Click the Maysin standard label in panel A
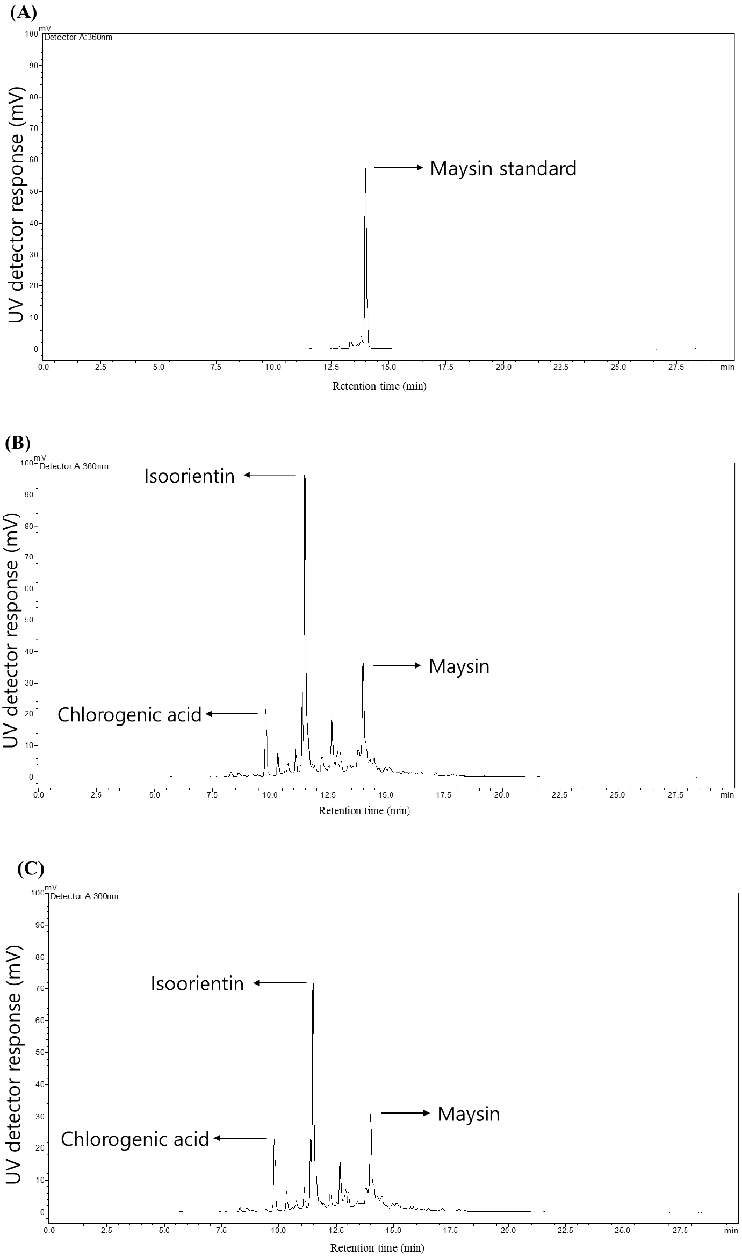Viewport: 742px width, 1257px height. click(x=503, y=168)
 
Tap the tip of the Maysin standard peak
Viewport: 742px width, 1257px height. click(x=365, y=169)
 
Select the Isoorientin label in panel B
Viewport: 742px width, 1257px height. click(x=189, y=476)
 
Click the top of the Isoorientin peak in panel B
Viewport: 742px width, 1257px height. click(x=305, y=476)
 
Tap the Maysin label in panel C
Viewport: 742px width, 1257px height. click(x=469, y=1114)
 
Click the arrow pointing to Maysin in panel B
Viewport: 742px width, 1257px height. click(x=397, y=665)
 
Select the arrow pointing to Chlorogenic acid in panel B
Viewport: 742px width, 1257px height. click(x=232, y=714)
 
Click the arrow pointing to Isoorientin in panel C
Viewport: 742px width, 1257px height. click(x=280, y=983)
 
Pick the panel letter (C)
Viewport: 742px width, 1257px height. click(x=30, y=869)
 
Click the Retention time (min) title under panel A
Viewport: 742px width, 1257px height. click(x=379, y=386)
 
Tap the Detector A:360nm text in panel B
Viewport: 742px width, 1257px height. click(x=74, y=466)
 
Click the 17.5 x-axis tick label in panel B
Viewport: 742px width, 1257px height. click(x=443, y=795)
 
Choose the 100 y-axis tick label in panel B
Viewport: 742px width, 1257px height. click(x=25, y=463)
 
